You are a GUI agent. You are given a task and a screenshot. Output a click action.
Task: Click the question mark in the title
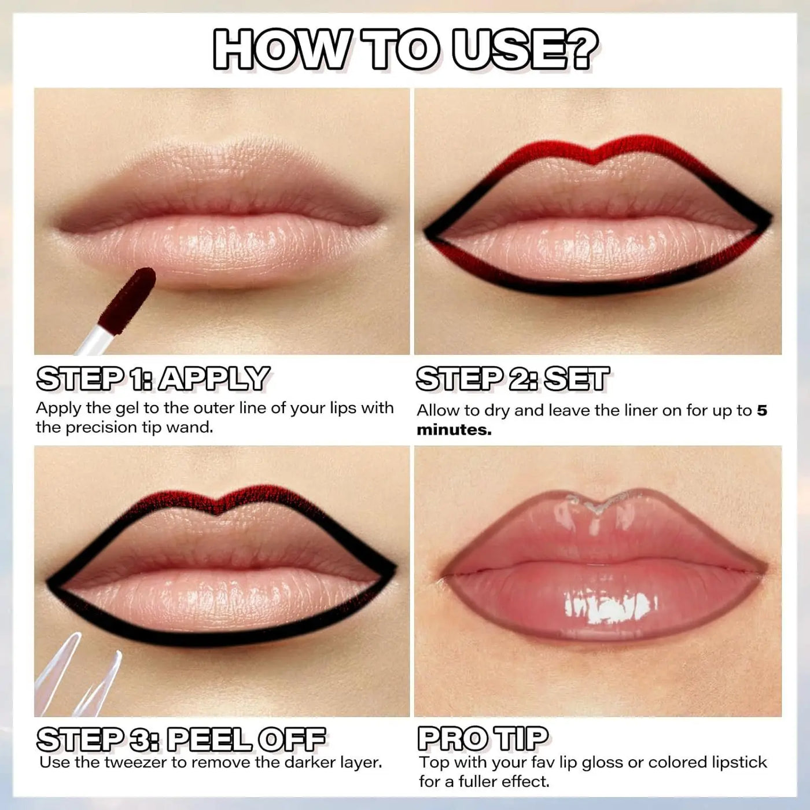pyautogui.click(x=579, y=49)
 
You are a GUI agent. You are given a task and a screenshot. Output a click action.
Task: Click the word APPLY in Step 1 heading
pyautogui.click(x=214, y=379)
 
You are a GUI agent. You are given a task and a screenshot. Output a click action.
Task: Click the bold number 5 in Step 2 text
pyautogui.click(x=762, y=411)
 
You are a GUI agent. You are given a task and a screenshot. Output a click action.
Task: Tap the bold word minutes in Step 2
pyautogui.click(x=454, y=430)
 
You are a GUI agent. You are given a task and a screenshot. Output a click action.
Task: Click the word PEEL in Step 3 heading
pyautogui.click(x=208, y=739)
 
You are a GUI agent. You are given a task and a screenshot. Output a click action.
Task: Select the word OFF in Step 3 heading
pyautogui.click(x=292, y=739)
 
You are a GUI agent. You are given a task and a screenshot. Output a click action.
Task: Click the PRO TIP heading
pyautogui.click(x=483, y=739)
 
